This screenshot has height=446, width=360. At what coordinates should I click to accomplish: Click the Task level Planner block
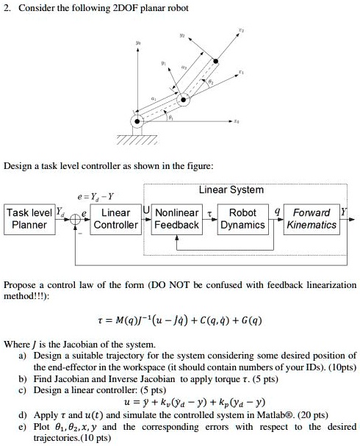[x=29, y=219]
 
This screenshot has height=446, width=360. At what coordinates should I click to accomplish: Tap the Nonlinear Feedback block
[x=176, y=219]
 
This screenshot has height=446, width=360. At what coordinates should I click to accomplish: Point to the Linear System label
[x=231, y=190]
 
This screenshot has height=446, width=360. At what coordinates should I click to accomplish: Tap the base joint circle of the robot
[x=135, y=121]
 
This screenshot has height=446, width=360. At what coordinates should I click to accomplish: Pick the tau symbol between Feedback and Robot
[x=210, y=212]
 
